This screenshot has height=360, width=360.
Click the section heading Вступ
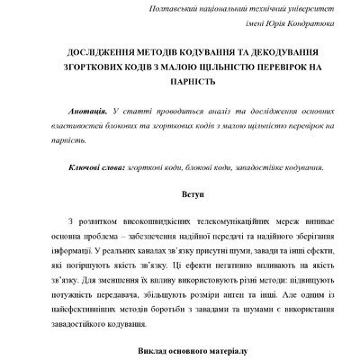click(x=179, y=193)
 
